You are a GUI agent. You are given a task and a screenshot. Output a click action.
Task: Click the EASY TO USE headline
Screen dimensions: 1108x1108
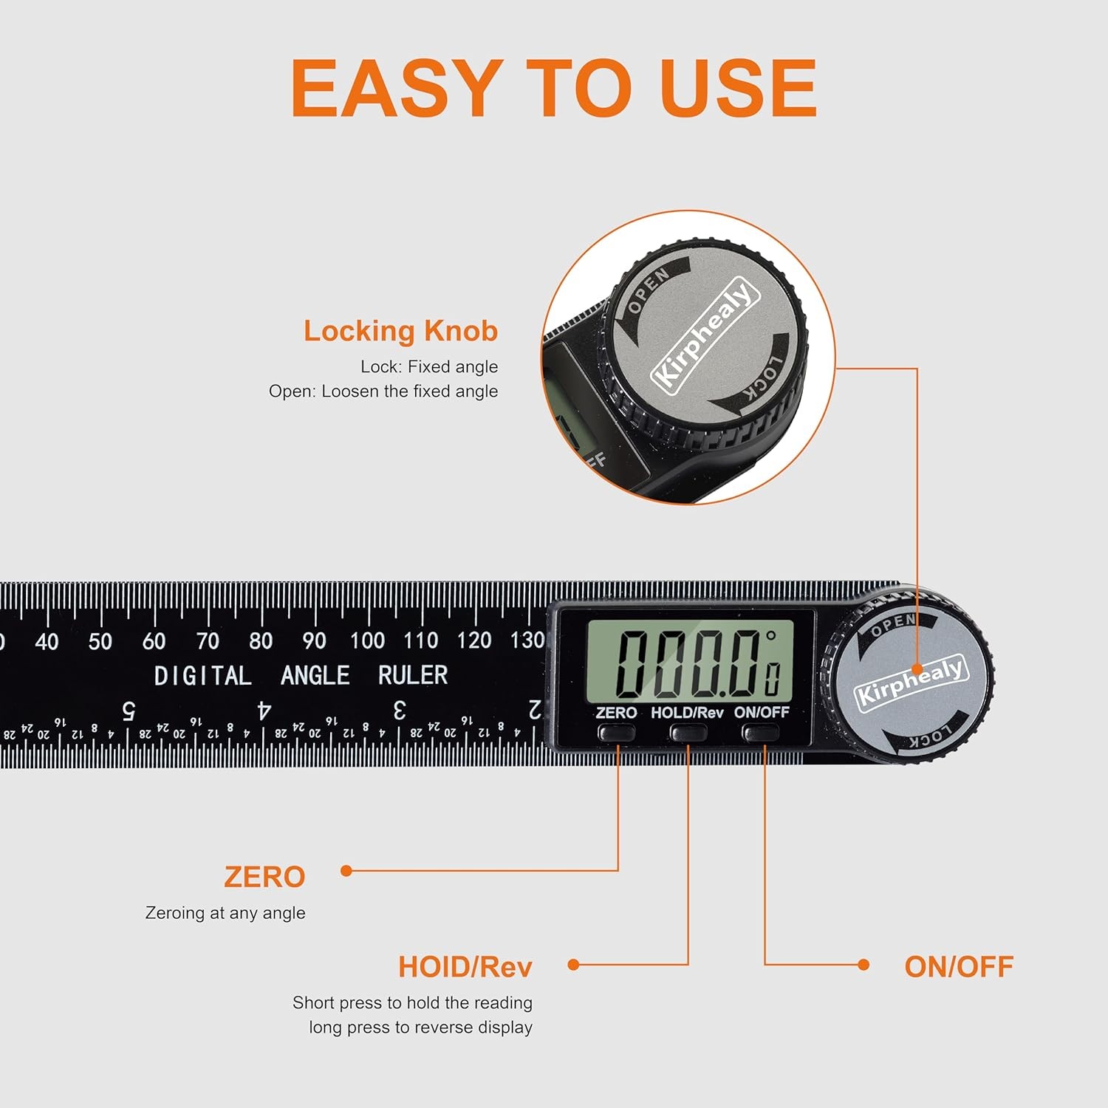(x=554, y=88)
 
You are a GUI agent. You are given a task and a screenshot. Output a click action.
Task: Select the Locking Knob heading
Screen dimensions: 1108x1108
(x=400, y=332)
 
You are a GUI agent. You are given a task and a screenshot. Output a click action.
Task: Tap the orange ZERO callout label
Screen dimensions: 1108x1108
(x=264, y=877)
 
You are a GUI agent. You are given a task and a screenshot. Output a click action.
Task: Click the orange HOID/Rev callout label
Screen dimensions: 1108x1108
(x=465, y=966)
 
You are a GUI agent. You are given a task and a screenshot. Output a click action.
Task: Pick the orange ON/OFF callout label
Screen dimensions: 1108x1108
(x=958, y=966)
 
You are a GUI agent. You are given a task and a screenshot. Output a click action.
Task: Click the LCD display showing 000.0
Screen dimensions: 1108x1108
(x=689, y=661)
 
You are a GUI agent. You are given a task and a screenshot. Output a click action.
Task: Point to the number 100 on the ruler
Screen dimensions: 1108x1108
(x=367, y=640)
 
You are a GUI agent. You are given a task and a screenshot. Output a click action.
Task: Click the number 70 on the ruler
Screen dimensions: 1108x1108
(x=208, y=641)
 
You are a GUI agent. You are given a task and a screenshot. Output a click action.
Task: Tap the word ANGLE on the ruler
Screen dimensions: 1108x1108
(x=315, y=675)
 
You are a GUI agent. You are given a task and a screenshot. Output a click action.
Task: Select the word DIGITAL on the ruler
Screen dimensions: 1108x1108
(x=202, y=675)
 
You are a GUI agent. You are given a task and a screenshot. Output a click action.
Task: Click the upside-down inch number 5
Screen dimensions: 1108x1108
(x=129, y=711)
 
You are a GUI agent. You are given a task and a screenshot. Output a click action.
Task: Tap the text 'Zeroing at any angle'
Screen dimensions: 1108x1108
(x=225, y=913)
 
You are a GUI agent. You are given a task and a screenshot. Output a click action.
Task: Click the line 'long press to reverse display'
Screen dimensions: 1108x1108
(x=420, y=1027)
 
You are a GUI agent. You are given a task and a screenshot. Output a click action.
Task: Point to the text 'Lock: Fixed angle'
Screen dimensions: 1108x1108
(x=429, y=366)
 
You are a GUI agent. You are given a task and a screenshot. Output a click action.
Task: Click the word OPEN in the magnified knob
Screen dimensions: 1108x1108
(x=648, y=290)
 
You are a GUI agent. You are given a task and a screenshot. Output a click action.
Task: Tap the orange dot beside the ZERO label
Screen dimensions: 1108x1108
(x=346, y=871)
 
